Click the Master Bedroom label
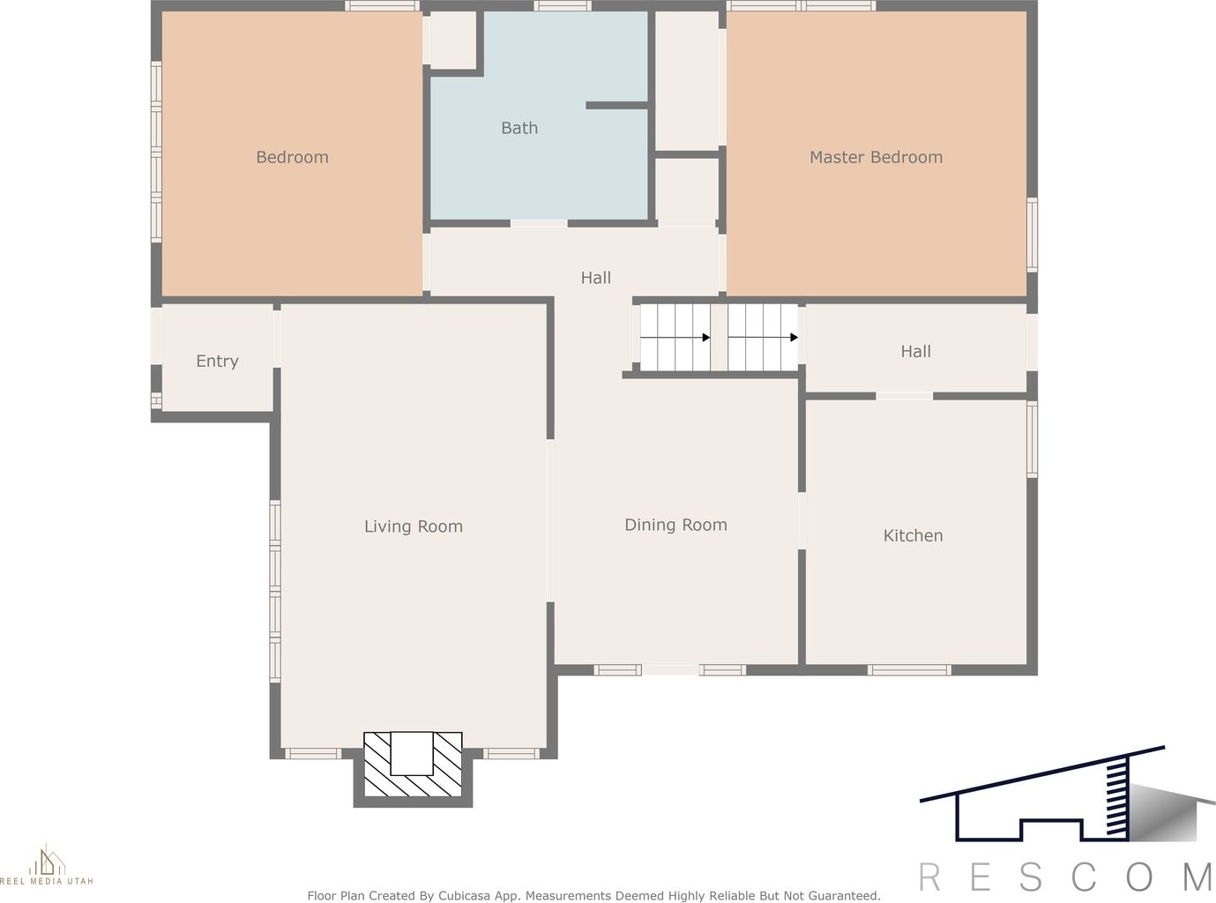[877, 157]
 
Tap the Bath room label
[519, 128]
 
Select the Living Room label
[414, 526]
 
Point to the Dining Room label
[676, 525]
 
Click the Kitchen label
[913, 535]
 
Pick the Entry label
[217, 362]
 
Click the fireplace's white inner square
[412, 753]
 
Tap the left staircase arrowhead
[706, 337]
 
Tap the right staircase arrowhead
[794, 337]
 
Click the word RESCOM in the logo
[1066, 877]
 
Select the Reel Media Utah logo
[47, 864]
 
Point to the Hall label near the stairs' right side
[915, 352]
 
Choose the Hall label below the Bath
[596, 278]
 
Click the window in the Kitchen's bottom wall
[909, 670]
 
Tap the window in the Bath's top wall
[563, 6]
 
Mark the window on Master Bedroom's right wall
[1032, 235]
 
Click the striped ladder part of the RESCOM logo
[1116, 800]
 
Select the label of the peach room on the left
[292, 157]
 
